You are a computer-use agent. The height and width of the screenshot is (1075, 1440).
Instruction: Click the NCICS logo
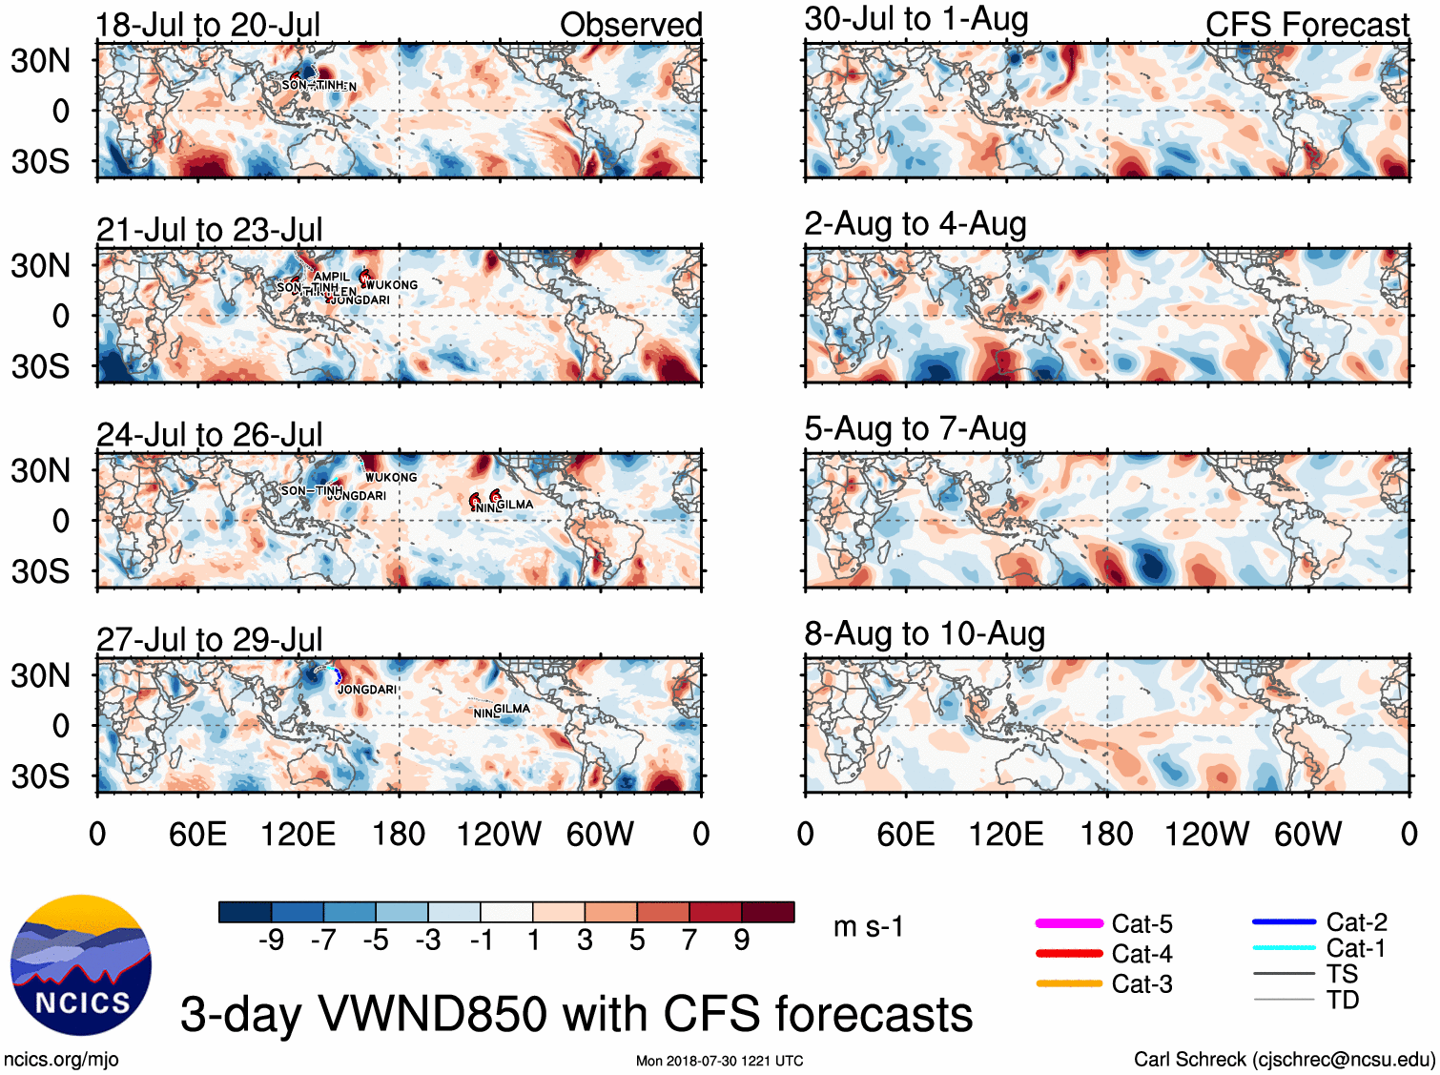pos(81,964)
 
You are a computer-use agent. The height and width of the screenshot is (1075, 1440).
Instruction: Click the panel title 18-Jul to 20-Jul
pos(208,25)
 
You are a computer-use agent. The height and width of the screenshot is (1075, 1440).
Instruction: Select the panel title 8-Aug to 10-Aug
pos(924,634)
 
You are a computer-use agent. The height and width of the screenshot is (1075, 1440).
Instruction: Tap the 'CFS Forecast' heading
pos(1306,25)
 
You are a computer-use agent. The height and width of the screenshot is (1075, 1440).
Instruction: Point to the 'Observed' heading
pos(630,25)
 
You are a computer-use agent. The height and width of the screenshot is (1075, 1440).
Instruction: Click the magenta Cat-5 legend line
pos(1069,923)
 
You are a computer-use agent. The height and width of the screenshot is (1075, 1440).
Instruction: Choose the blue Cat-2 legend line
pos(1284,921)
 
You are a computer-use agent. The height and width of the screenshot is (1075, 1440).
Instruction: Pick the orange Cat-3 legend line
pos(1069,983)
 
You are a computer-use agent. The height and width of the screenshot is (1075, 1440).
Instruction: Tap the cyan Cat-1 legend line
pos(1284,948)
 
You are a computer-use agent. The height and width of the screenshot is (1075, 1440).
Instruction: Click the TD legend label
pos(1342,1000)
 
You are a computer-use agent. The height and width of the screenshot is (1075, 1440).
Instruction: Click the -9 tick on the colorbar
pos(272,941)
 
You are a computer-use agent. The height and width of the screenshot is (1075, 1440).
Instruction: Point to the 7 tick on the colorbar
pos(689,941)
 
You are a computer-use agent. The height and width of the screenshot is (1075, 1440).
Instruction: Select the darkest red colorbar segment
pos(768,912)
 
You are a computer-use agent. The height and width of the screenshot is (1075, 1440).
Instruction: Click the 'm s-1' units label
pos(868,926)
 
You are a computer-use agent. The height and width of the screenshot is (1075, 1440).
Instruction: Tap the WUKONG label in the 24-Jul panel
pos(391,477)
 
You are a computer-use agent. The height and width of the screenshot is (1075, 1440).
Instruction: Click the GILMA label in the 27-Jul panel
pos(512,709)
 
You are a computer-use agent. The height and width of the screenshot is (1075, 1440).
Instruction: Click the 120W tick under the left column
pos(499,835)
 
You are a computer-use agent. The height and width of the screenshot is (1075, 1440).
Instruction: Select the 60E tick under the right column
pos(905,835)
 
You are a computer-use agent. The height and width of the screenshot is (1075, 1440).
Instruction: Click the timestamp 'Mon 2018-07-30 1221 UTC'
pos(719,1061)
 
